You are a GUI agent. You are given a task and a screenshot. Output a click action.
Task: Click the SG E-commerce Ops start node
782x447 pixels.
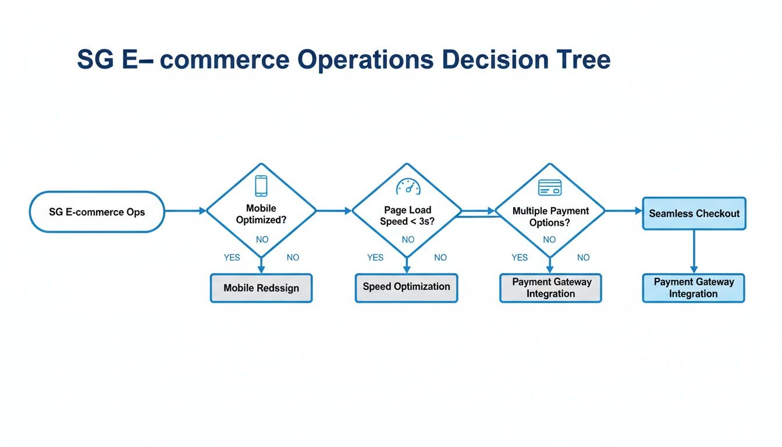[x=97, y=212]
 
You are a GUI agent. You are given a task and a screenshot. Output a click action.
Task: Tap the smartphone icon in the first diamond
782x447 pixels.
[x=261, y=186]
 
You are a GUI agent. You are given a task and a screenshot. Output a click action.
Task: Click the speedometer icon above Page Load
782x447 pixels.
[x=407, y=187]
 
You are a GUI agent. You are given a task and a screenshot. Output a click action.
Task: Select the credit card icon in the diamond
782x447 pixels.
[x=549, y=187]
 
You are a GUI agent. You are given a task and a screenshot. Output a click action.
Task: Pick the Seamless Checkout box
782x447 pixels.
[x=694, y=214]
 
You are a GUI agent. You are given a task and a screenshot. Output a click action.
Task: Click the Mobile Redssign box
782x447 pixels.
[x=261, y=288]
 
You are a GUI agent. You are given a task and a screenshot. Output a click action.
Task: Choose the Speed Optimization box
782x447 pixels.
[x=406, y=288]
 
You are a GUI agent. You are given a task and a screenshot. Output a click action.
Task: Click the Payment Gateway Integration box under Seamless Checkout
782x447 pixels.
[x=694, y=288]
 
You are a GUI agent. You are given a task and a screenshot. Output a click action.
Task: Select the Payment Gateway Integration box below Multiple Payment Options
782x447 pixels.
[x=550, y=288]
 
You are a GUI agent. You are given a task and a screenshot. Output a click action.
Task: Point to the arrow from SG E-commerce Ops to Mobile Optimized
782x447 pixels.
[x=185, y=211]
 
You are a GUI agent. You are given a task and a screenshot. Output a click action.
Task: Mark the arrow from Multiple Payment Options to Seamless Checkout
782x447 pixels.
[x=623, y=211]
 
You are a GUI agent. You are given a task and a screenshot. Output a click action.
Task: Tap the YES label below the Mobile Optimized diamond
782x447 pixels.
[x=232, y=257]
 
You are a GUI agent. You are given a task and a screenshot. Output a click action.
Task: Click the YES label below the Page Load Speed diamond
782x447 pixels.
[x=375, y=257]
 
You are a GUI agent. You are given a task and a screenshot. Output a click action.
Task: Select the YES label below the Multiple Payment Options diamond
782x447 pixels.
[x=520, y=257]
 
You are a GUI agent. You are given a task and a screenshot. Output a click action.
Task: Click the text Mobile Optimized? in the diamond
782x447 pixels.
[x=261, y=214]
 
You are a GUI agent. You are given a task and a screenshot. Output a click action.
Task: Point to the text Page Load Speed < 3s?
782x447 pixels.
[x=407, y=216]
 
